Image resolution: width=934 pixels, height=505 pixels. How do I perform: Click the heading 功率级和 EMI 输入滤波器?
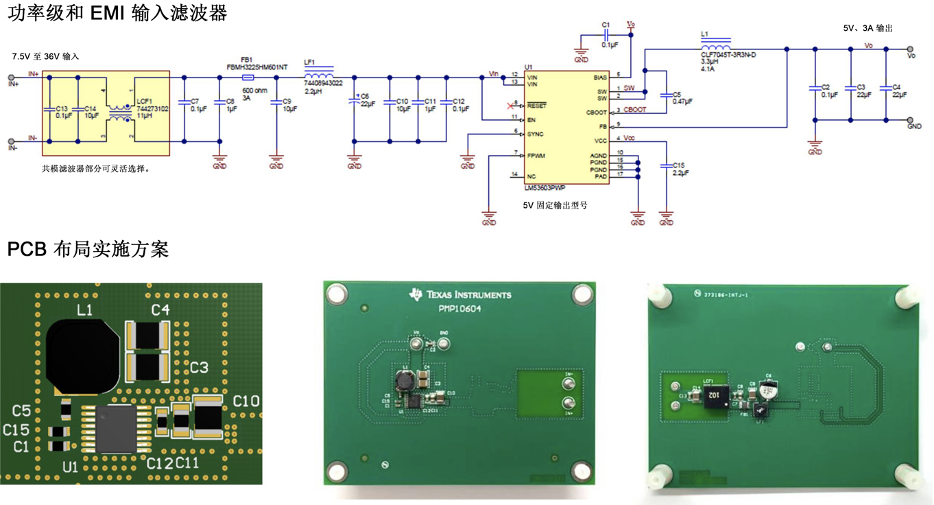point(117,12)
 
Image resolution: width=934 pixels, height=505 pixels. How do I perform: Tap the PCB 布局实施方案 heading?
point(88,249)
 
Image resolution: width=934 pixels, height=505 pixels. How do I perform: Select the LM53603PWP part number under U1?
point(545,187)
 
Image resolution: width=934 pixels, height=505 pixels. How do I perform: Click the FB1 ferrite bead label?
point(248,60)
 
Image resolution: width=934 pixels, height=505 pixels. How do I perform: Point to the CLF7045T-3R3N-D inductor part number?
point(728,54)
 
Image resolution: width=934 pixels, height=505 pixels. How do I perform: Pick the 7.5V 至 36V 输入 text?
point(45,56)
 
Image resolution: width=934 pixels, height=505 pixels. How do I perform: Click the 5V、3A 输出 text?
point(867,28)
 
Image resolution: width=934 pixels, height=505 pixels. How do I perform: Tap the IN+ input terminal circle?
point(12,78)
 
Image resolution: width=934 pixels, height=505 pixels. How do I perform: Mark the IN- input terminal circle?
point(12,142)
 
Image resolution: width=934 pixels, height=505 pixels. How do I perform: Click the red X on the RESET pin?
point(510,106)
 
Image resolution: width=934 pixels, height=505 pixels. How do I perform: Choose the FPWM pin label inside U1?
point(536,156)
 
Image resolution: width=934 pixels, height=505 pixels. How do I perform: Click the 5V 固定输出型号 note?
point(554,205)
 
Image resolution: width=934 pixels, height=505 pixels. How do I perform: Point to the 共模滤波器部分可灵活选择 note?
point(95,168)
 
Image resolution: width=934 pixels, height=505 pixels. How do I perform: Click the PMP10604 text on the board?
point(460,309)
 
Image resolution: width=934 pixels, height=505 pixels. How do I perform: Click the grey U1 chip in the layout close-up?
point(115,428)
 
